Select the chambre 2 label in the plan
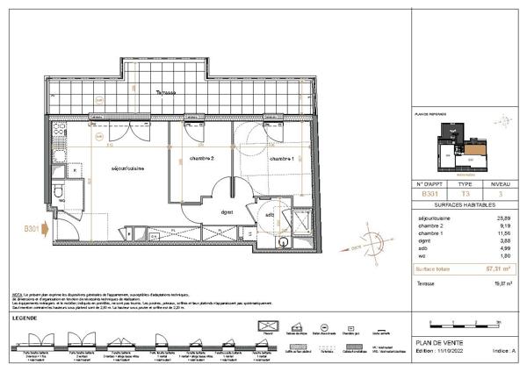tap(202, 159)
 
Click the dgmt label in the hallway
tap(227, 211)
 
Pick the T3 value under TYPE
tap(466, 194)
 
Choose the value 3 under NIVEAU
tap(502, 194)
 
